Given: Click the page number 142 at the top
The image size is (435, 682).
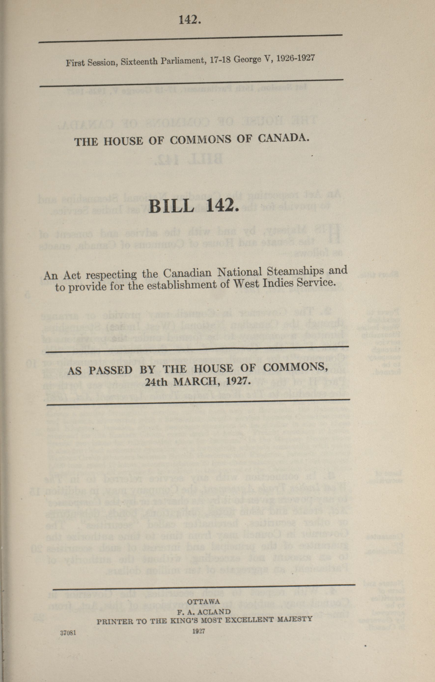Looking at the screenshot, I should pos(189,20).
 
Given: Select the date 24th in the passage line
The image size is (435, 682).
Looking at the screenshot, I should pos(155,382).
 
